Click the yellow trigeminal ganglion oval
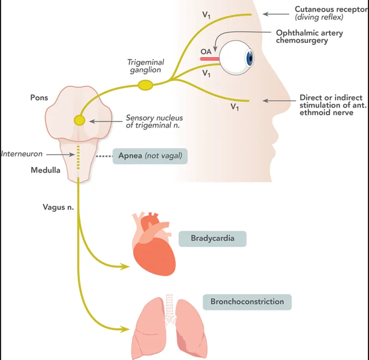coord(146,85)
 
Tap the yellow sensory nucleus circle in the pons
coord(79,121)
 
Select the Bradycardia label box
coord(212,239)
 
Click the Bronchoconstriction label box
coord(247,302)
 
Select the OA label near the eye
coord(206,52)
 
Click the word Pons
coord(39,98)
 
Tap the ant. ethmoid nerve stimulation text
coord(330,105)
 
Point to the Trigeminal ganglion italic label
coord(146,65)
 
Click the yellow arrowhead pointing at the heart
coord(125,266)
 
